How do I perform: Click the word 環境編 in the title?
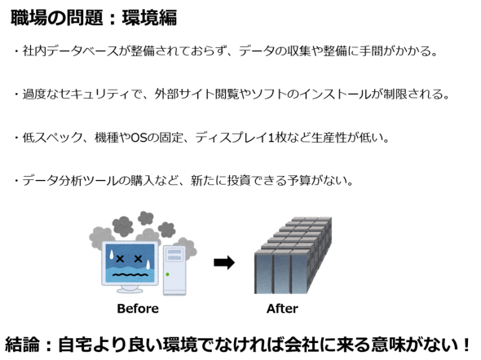(149, 17)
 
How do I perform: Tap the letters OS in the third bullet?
(139, 138)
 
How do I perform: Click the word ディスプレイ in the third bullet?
(231, 138)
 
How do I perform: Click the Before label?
(138, 309)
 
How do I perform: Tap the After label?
(282, 309)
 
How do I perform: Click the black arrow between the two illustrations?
(224, 262)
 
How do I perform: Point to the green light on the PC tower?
(167, 274)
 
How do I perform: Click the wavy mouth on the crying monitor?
(130, 274)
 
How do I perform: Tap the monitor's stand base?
(130, 290)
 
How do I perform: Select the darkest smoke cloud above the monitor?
(123, 226)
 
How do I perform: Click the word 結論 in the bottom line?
(22, 345)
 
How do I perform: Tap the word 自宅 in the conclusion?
(75, 345)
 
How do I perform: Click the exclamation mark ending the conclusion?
(466, 345)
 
